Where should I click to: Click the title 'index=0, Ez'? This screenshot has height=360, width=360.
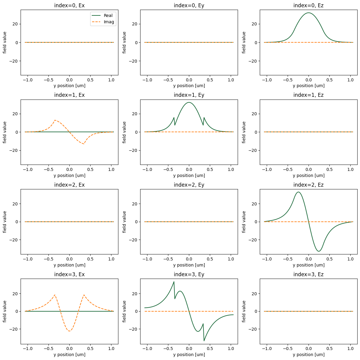(308, 5)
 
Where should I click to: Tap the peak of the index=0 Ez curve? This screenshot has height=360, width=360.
(309, 13)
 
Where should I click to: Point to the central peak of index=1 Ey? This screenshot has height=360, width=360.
(189, 102)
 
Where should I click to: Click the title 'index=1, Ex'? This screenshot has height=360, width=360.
(69, 95)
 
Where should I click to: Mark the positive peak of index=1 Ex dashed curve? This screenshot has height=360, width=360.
(55, 120)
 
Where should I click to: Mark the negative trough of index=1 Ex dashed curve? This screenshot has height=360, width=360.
(84, 144)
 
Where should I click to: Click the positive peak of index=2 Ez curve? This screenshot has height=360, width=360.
(299, 192)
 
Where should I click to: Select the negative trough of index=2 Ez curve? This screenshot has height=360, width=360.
(319, 251)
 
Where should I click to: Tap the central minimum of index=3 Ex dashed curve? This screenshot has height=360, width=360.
(69, 331)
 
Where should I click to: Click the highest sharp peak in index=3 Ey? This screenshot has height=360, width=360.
(174, 282)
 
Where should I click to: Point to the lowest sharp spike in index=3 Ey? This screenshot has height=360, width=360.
(204, 341)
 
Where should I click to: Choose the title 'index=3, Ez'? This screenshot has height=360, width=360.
(308, 274)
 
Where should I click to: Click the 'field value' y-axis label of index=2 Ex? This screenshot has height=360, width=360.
(5, 222)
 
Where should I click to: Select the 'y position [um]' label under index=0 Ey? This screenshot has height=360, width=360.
(189, 86)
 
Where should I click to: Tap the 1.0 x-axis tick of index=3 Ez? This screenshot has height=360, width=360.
(350, 349)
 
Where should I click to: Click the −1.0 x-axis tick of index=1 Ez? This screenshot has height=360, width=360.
(267, 169)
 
